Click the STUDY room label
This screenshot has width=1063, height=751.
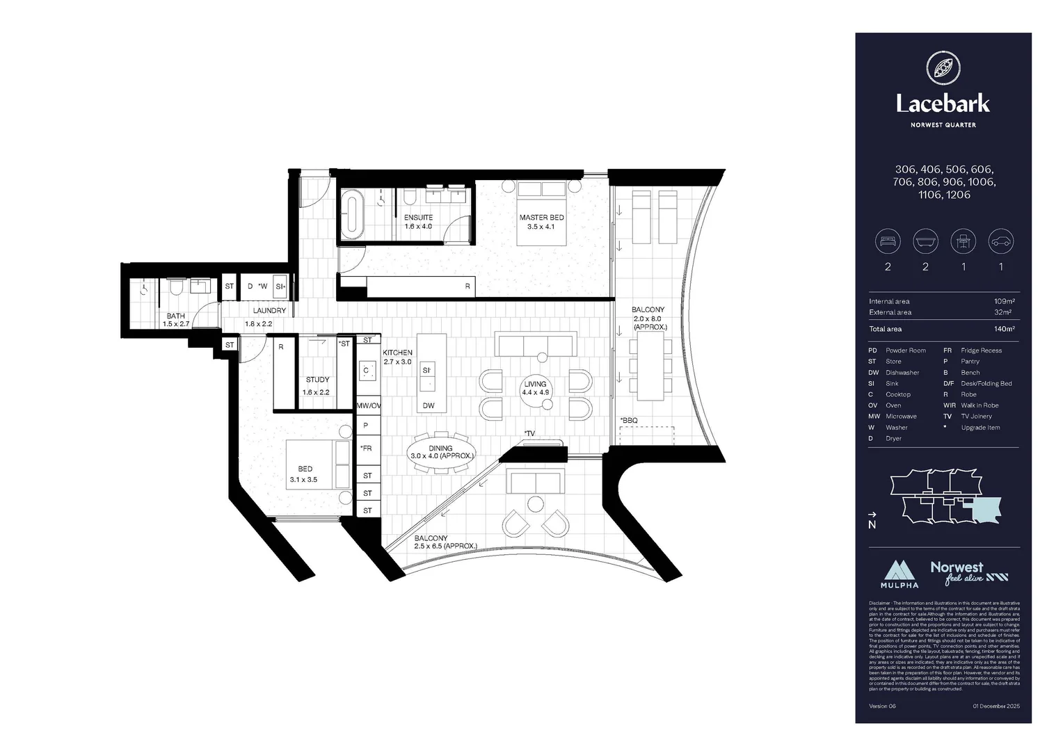[x=317, y=380]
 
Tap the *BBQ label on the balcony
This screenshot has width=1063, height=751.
[x=629, y=421]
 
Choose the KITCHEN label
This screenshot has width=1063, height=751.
[x=397, y=353]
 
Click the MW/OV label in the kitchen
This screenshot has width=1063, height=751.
[x=368, y=405]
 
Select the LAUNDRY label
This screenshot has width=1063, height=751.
[x=269, y=311]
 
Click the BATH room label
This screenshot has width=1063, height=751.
[x=176, y=316]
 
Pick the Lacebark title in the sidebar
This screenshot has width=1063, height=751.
[x=943, y=104]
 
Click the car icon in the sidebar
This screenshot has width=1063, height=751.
[x=1000, y=242]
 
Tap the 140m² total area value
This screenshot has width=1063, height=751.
[x=1004, y=329]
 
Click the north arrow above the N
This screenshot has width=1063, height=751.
[x=872, y=515]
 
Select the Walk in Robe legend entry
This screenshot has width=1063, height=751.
[x=980, y=405]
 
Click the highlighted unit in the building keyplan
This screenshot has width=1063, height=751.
[x=986, y=509]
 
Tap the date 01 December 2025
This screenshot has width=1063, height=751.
[x=996, y=706]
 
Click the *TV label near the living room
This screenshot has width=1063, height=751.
[x=530, y=434]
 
